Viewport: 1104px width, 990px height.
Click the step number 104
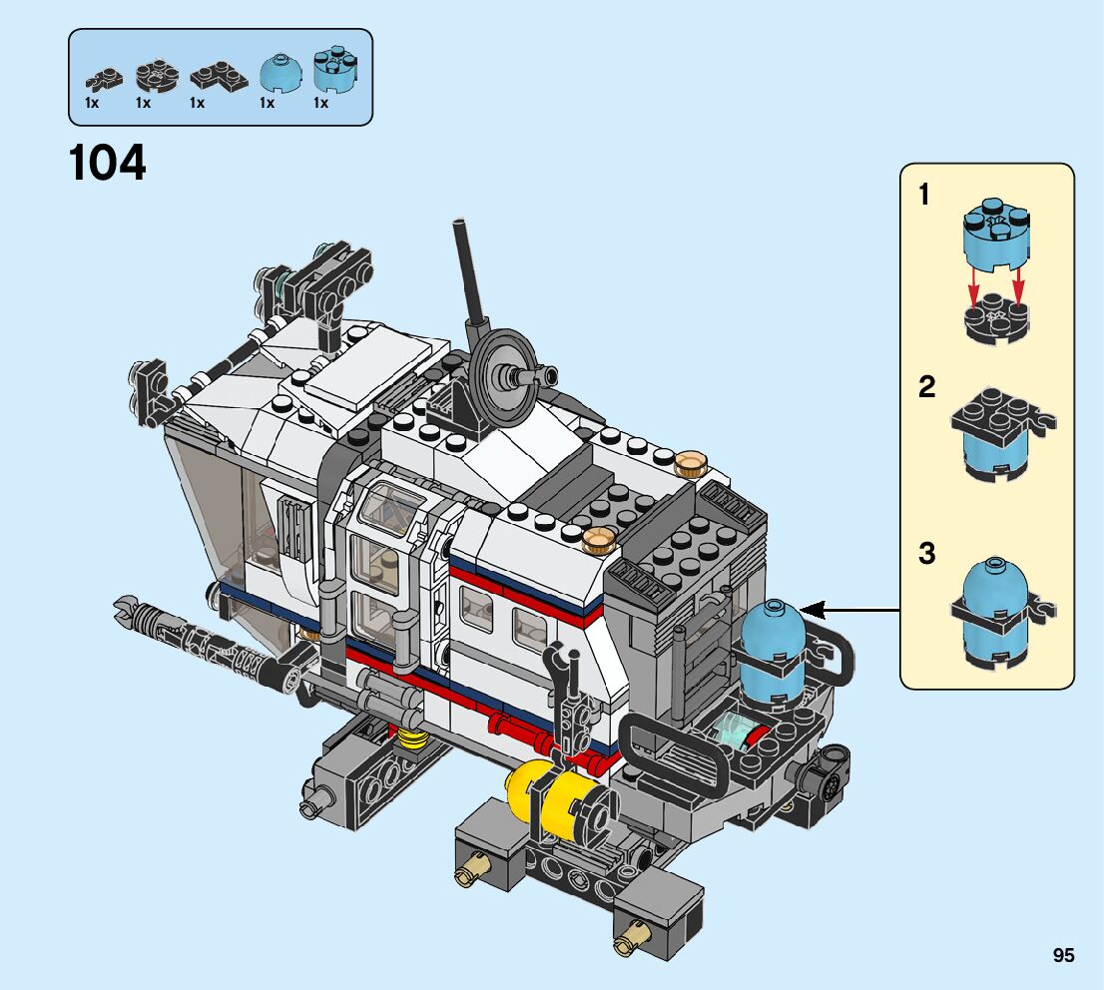[x=108, y=163]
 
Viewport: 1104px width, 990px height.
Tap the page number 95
[x=1063, y=955]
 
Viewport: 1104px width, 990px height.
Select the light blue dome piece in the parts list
[x=280, y=73]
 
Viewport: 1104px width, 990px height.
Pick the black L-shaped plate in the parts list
[x=219, y=75]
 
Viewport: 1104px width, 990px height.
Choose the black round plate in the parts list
[x=157, y=75]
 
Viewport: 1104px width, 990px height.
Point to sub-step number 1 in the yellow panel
[x=924, y=195]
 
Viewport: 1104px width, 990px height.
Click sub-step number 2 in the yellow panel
[x=926, y=386]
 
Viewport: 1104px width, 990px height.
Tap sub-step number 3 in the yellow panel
[x=927, y=554]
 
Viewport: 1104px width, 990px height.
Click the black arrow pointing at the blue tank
[x=850, y=610]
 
